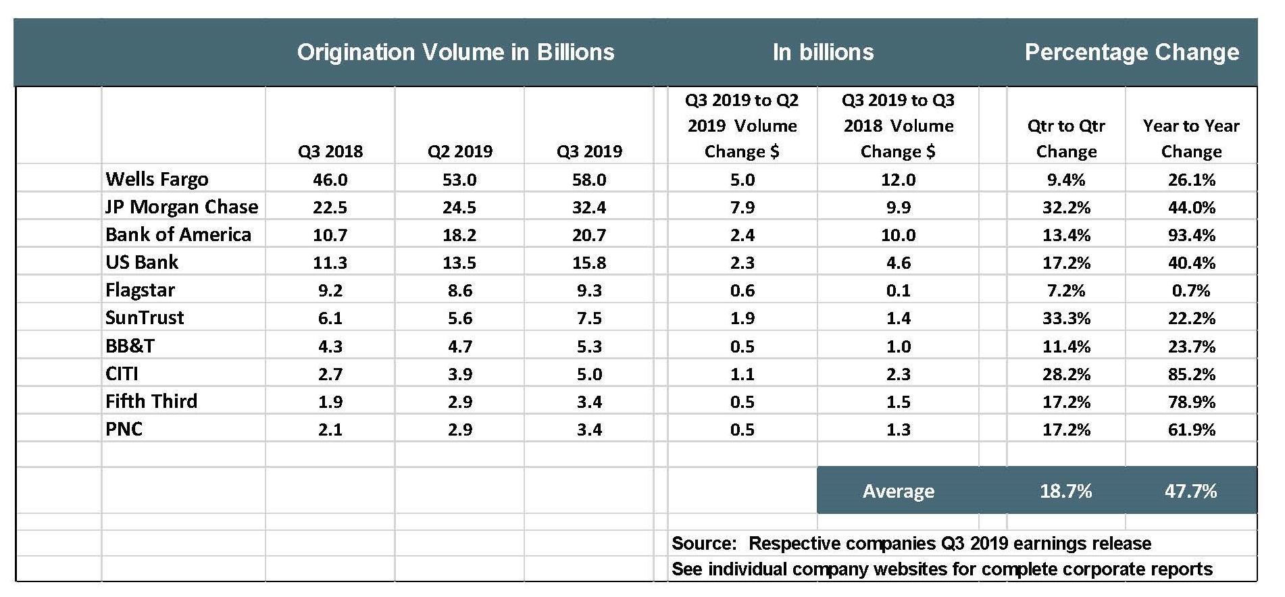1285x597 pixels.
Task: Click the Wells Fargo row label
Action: coord(157,180)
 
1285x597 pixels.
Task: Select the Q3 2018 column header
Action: coord(330,151)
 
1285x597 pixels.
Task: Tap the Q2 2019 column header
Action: coord(460,151)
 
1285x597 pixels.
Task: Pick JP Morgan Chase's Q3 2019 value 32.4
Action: coord(589,207)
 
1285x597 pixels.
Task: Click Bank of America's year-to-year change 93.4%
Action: coord(1191,235)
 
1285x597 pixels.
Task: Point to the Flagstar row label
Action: coord(140,290)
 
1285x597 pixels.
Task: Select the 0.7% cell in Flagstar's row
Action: coord(1191,291)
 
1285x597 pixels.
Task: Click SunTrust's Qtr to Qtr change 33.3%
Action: coord(1066,318)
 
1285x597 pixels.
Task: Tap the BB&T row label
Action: coord(130,346)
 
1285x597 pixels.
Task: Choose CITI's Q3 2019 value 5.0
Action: coord(589,374)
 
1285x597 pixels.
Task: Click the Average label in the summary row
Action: coord(898,491)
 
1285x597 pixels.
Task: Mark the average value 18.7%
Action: coord(1065,491)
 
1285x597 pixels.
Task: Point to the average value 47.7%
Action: coord(1190,491)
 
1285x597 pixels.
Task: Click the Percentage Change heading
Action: coord(1132,53)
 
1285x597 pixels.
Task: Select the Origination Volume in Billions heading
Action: coord(455,53)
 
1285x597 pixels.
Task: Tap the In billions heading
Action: coord(823,53)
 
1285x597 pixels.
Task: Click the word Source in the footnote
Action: coord(703,544)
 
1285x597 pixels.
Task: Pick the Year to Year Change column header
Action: coord(1191,138)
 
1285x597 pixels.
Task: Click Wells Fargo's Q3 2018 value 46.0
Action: coord(330,180)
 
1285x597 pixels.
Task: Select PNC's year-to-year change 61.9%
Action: coord(1191,430)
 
